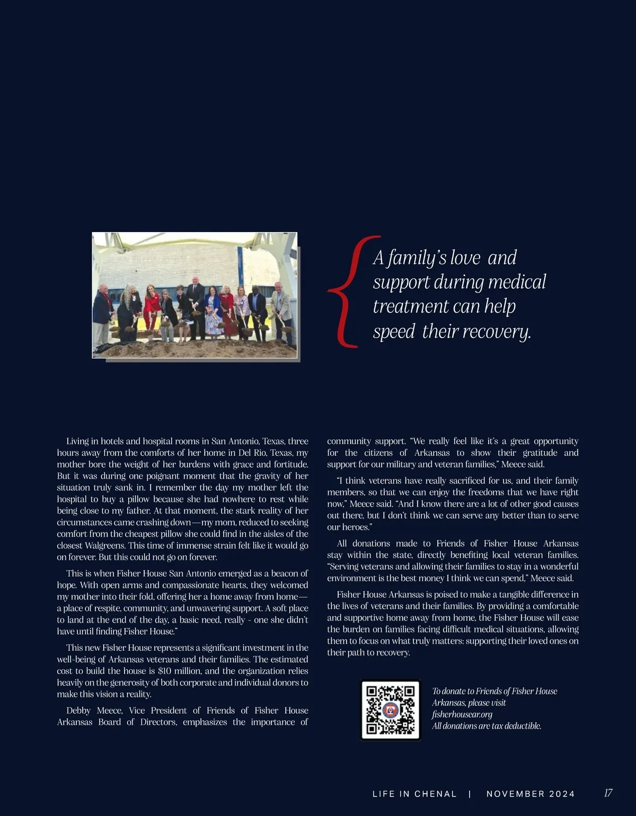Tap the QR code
pos(391,709)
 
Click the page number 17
pos(608,793)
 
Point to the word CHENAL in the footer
pos(435,794)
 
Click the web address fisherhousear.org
pos(462,714)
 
